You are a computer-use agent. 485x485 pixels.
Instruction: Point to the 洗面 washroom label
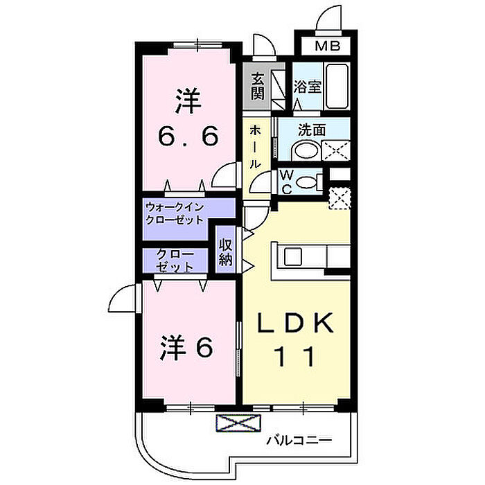[x=312, y=129]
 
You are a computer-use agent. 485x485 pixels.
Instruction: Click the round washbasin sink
[x=303, y=150]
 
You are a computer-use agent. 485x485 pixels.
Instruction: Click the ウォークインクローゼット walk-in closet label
[x=175, y=213]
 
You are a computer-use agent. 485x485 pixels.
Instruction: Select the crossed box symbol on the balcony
[x=238, y=423]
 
